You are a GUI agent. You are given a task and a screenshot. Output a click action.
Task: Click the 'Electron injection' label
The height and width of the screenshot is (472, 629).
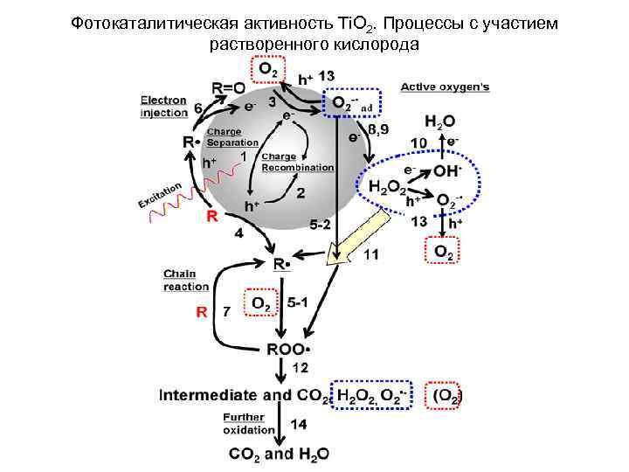coord(164,106)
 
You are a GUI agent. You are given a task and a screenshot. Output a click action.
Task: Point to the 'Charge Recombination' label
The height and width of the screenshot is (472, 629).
coord(297,162)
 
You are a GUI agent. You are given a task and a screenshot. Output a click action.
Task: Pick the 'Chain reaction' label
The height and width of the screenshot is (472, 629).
coord(185,280)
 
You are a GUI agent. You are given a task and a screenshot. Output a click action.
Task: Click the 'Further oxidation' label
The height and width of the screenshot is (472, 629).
coord(242,423)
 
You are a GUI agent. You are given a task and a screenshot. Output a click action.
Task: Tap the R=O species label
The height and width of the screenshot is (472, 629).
coord(229,87)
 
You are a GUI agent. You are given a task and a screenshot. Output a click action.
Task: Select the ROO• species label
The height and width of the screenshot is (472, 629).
coord(289,349)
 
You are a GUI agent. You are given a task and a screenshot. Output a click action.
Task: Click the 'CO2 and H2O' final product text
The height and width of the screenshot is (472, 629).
coord(279,454)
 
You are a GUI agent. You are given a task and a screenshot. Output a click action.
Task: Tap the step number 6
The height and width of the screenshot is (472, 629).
coord(199,107)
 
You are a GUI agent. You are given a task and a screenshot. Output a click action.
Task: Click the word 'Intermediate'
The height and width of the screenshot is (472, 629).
coord(211,395)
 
